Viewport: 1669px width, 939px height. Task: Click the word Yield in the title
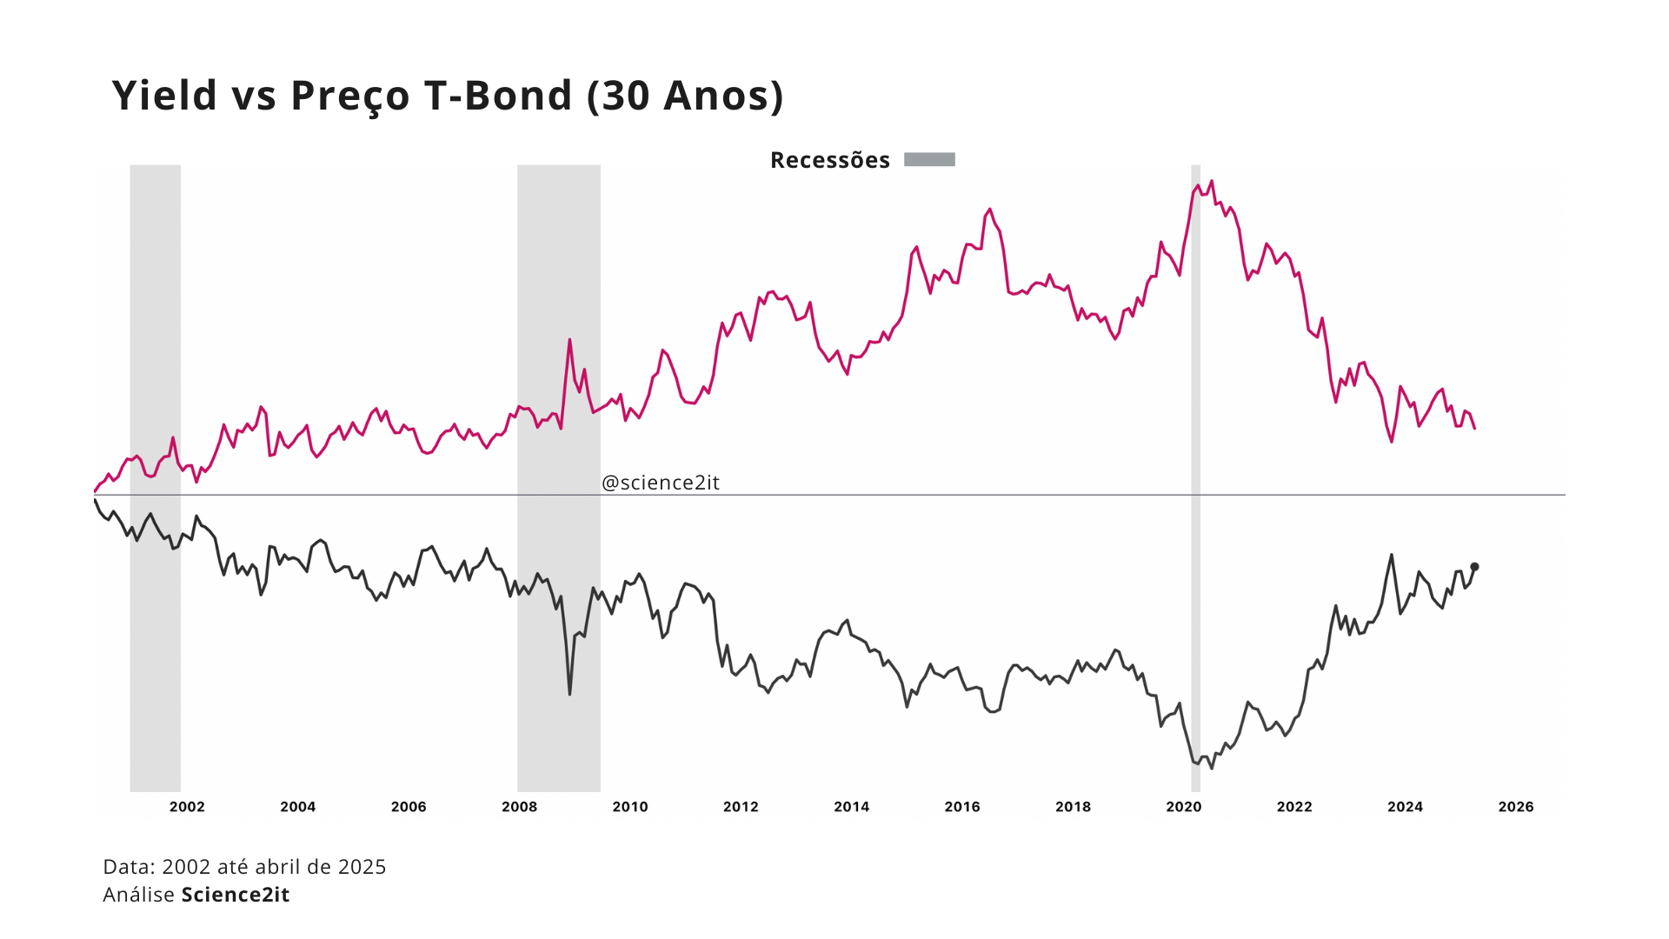point(164,96)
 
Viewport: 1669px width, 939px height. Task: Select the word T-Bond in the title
point(498,96)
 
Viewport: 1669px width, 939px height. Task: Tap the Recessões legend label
point(829,161)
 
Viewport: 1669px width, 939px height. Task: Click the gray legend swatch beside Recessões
point(929,160)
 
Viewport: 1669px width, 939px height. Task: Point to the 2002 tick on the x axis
point(187,807)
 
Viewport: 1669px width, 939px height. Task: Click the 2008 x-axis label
point(519,807)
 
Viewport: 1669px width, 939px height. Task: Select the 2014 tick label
point(851,807)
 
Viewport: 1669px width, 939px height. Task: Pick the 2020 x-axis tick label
point(1183,807)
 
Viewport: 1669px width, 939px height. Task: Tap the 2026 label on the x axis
point(1515,807)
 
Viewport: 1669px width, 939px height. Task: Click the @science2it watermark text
point(661,483)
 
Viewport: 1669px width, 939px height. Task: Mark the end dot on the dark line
point(1474,567)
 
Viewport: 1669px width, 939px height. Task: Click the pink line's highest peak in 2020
point(1211,182)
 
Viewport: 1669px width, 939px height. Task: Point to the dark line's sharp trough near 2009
point(569,693)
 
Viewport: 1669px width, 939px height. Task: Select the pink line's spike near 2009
point(569,340)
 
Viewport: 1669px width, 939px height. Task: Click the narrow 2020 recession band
point(1195,478)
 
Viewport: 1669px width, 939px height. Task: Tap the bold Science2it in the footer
point(235,895)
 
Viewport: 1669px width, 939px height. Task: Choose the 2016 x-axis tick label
point(961,807)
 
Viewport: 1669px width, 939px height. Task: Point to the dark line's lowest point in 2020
point(1211,768)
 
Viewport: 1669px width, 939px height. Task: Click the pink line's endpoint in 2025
point(1474,428)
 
